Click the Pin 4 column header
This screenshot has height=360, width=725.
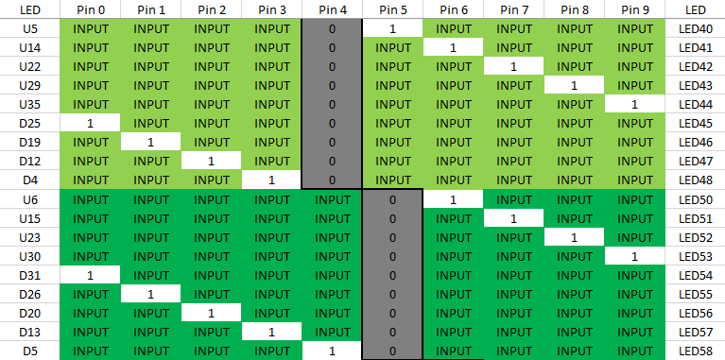pos(333,9)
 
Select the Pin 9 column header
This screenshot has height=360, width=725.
pos(635,9)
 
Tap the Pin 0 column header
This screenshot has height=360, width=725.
pos(91,9)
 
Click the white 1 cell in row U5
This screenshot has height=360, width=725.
pos(392,29)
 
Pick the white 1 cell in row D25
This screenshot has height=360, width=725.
pos(91,124)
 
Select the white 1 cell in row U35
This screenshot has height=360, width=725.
pos(635,105)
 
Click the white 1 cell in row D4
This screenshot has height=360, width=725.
pos(272,180)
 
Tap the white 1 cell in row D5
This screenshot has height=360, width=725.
pos(333,351)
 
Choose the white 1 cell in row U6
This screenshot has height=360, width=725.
pos(454,199)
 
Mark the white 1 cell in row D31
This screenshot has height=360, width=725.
pos(91,275)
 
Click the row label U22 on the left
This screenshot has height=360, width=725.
pos(29,67)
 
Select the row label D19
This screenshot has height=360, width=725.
pos(29,143)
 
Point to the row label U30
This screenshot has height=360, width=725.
pos(29,256)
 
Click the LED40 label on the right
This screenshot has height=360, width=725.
pos(695,29)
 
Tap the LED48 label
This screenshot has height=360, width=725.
pos(695,180)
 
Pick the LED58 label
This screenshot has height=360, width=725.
pos(695,351)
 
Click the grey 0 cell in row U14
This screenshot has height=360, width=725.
pos(333,48)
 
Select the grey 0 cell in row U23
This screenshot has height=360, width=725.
pos(392,237)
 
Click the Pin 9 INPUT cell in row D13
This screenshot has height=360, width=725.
pos(635,332)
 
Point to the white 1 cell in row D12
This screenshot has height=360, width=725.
pos(212,162)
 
